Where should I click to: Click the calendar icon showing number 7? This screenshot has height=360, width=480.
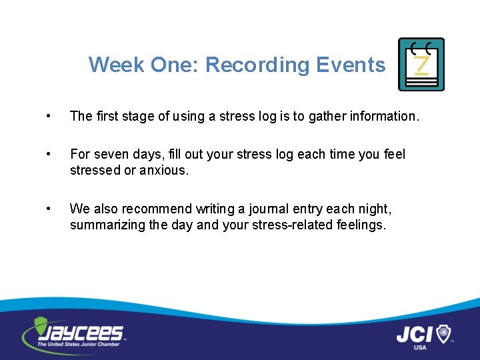pos(421,64)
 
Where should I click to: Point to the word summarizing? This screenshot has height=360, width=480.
pos(107,225)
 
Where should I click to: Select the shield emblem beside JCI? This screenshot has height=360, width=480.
pos(443,333)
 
